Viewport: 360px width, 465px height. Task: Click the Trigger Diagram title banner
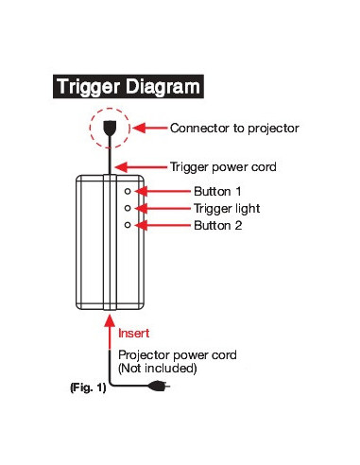(x=129, y=86)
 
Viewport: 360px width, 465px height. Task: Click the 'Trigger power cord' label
(x=222, y=166)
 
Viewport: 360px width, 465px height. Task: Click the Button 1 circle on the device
(x=127, y=191)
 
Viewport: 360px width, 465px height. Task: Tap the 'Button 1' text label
(x=216, y=191)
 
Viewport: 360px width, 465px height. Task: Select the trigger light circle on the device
(x=127, y=208)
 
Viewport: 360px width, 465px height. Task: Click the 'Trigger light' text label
(x=226, y=208)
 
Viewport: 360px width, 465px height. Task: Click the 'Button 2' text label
(x=216, y=225)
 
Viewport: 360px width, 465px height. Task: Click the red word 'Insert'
(x=134, y=334)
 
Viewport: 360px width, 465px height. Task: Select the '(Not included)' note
(x=157, y=368)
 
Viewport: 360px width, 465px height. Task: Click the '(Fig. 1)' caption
(x=87, y=387)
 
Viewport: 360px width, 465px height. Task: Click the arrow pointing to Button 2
(x=163, y=225)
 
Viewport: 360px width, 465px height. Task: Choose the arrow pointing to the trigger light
(x=163, y=208)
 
